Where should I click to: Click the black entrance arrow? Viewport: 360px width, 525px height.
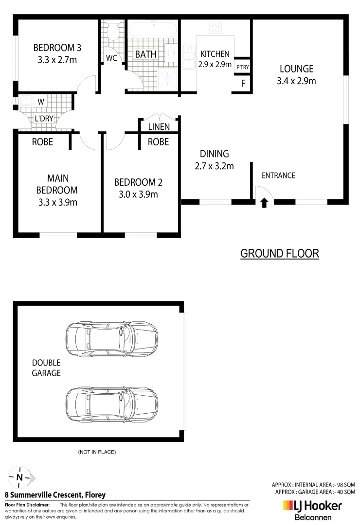pyautogui.click(x=264, y=202)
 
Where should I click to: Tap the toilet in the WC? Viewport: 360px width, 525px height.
pyautogui.click(x=112, y=33)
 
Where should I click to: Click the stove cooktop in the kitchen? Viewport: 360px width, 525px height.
pyautogui.click(x=215, y=27)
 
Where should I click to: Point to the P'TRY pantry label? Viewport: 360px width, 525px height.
pyautogui.click(x=242, y=67)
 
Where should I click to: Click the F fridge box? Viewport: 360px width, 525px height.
pyautogui.click(x=243, y=83)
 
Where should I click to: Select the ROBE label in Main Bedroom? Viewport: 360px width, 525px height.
pyautogui.click(x=42, y=142)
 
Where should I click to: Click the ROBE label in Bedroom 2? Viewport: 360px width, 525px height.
pyautogui.click(x=158, y=142)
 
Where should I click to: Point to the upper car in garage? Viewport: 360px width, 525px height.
pyautogui.click(x=111, y=339)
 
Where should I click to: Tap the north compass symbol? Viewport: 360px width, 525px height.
pyautogui.click(x=19, y=477)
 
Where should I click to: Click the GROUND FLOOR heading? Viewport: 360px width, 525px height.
pyautogui.click(x=280, y=253)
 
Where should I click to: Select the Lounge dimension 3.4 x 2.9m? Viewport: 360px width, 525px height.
pyautogui.click(x=296, y=81)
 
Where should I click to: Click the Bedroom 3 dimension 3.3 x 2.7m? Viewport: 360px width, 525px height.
pyautogui.click(x=57, y=60)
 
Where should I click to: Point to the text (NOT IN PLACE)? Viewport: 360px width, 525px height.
pyautogui.click(x=97, y=452)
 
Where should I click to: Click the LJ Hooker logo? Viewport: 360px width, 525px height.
pyautogui.click(x=312, y=506)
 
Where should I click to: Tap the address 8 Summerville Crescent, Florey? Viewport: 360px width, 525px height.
pyautogui.click(x=55, y=495)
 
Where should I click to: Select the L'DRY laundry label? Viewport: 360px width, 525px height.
pyautogui.click(x=44, y=118)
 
